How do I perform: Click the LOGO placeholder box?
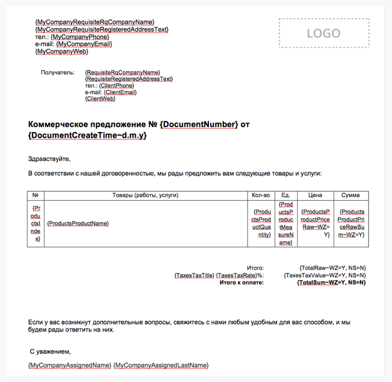[324, 33]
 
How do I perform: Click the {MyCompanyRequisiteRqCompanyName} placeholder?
[95, 22]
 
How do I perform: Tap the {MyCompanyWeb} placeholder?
[62, 51]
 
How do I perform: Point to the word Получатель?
[57, 73]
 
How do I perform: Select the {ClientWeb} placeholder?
[100, 99]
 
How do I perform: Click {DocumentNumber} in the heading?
[199, 124]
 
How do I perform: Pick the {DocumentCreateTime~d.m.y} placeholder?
[87, 135]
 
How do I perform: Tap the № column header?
[35, 195]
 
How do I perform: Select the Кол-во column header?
[261, 195]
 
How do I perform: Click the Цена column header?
[315, 195]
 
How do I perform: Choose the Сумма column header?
[351, 195]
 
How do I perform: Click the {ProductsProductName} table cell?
[78, 224]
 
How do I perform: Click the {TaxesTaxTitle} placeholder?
[194, 275]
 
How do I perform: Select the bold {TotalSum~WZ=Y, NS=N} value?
[332, 282]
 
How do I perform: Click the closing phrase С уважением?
[50, 352]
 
